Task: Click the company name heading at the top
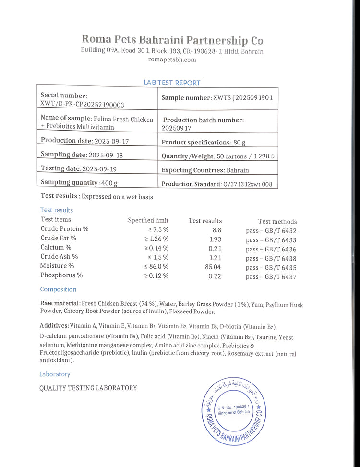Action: pos(172,40)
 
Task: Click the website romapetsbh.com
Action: pos(172,60)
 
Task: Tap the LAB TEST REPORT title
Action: pos(172,83)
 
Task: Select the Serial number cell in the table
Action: pos(97,99)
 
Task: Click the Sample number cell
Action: pos(217,97)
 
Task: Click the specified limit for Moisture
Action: pos(157,266)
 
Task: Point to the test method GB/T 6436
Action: pos(271,249)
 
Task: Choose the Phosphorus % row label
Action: pos(61,275)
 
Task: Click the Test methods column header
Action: pos(277,222)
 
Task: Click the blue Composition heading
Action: pos(58,289)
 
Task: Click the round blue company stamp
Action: pos(233,410)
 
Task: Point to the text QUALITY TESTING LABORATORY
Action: pos(88,388)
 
